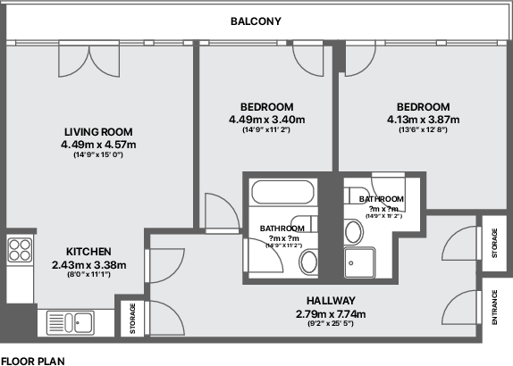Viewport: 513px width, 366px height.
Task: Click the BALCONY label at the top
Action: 256,21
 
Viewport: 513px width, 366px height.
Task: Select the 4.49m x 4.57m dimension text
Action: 98,144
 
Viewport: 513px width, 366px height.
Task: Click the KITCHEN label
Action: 88,252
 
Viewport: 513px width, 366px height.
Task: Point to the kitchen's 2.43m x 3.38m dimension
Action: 88,264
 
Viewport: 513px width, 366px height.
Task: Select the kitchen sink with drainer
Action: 67,320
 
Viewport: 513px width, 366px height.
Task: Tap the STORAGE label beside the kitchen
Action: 133,319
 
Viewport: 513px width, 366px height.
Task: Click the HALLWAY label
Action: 331,301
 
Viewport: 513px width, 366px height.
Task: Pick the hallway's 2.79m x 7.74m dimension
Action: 331,313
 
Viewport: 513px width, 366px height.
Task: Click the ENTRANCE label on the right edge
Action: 494,308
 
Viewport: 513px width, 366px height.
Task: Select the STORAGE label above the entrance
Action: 494,243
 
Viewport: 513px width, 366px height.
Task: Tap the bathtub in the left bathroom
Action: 282,193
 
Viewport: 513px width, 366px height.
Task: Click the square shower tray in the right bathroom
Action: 362,262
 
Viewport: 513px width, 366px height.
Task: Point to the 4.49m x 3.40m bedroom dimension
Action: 267,120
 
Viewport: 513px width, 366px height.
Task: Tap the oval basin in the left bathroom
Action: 309,262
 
